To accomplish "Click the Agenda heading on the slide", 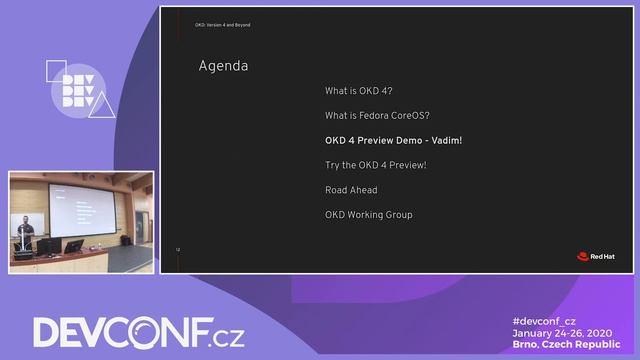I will click(x=223, y=67).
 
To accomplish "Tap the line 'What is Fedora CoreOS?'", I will click(x=377, y=115).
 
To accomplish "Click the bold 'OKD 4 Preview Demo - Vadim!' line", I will click(x=393, y=140).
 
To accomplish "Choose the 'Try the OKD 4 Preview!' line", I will click(x=375, y=165).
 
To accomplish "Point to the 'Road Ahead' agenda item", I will click(x=351, y=190).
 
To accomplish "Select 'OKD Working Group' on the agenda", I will click(x=368, y=215).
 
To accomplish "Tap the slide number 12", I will click(x=177, y=248).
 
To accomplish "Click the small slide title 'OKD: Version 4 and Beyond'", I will click(x=222, y=25).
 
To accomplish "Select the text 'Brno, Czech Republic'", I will click(x=566, y=344).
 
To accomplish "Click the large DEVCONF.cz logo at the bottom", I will click(x=138, y=332).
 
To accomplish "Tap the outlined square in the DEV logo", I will click(x=55, y=69).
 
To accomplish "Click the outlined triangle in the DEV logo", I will click(x=102, y=107).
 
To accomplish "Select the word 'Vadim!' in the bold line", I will click(x=447, y=140).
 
